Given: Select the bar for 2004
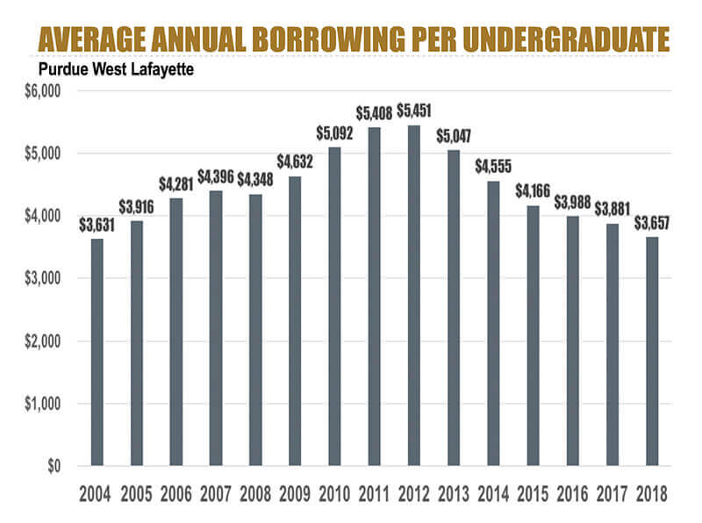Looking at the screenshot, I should (x=97, y=352).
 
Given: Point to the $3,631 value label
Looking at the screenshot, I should (x=97, y=225).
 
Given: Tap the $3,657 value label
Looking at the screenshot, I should (x=652, y=223).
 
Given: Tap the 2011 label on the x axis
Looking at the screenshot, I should (x=375, y=493).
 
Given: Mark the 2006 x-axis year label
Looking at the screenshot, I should (x=176, y=493).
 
